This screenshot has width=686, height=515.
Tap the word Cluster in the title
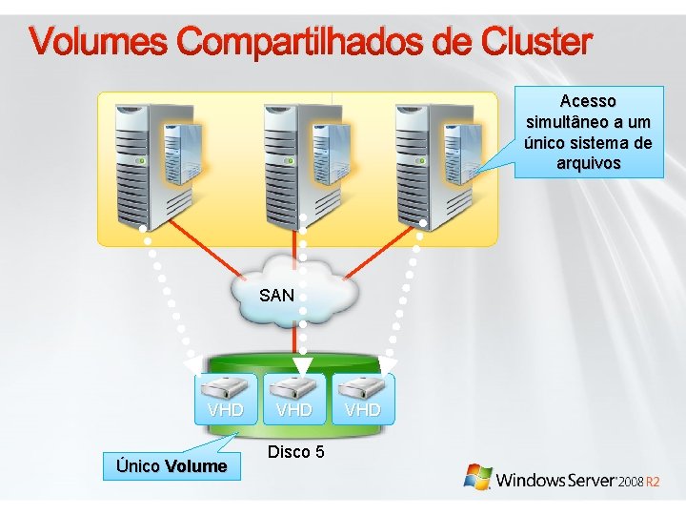pyautogui.click(x=537, y=43)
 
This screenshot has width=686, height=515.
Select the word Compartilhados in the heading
pyautogui.click(x=302, y=43)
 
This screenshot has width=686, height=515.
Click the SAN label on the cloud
pyautogui.click(x=276, y=296)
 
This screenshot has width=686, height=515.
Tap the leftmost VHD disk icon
pyautogui.click(x=226, y=387)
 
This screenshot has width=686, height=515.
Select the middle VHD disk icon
pyautogui.click(x=293, y=387)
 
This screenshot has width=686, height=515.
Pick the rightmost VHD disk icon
pyautogui.click(x=362, y=387)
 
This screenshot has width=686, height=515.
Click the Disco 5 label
pyautogui.click(x=295, y=451)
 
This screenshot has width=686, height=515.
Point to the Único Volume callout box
pyautogui.click(x=171, y=466)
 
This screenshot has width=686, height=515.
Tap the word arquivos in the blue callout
pyautogui.click(x=588, y=163)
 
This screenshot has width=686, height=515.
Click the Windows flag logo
pyautogui.click(x=477, y=477)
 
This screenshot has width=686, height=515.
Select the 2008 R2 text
pyautogui.click(x=637, y=482)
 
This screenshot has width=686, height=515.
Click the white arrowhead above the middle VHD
pyautogui.click(x=302, y=365)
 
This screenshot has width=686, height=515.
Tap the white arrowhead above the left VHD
pyautogui.click(x=193, y=364)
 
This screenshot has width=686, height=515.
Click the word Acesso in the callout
pyautogui.click(x=588, y=100)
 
